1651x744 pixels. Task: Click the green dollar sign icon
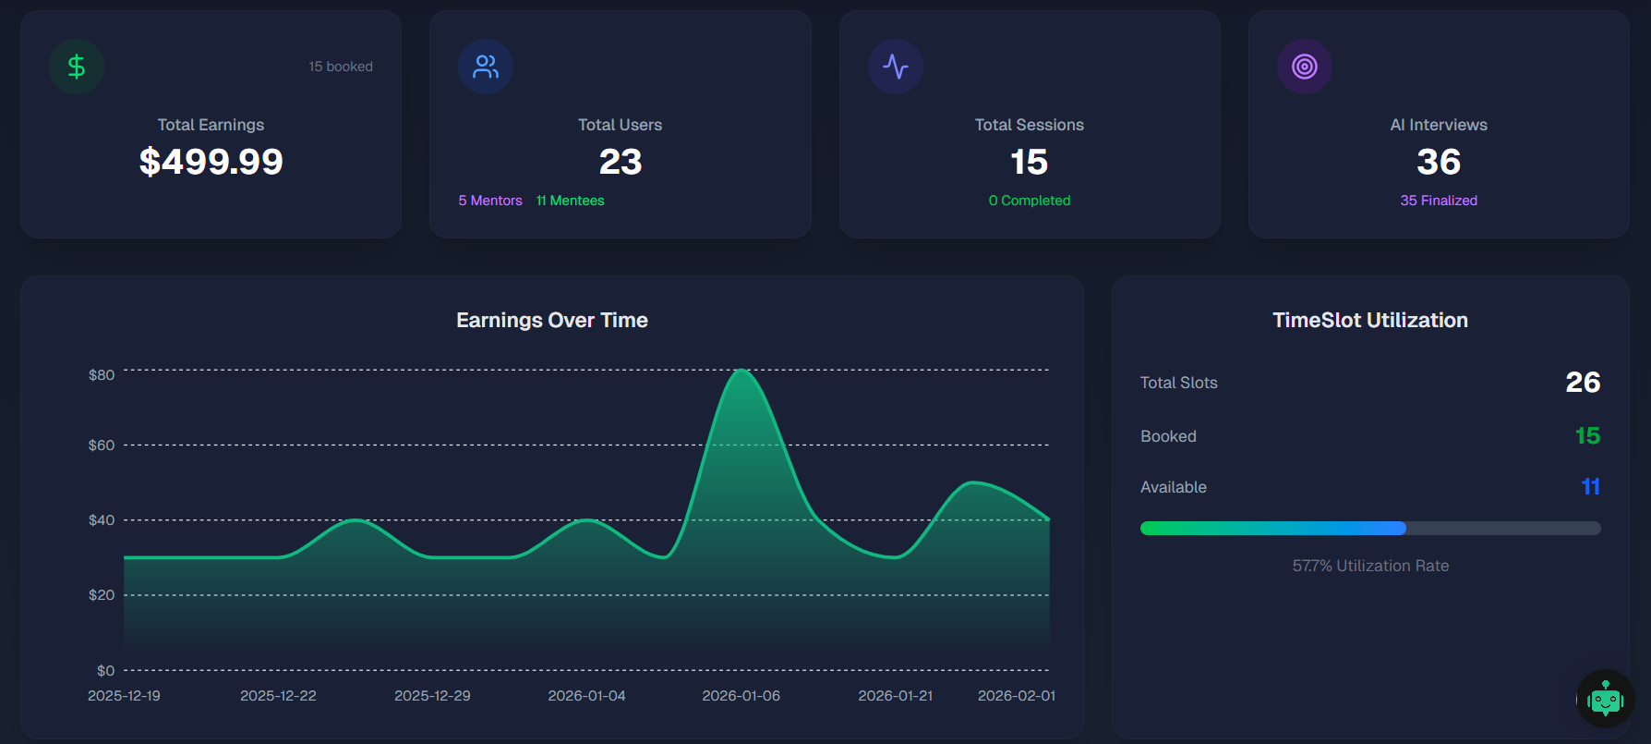(77, 67)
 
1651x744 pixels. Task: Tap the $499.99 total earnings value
(211, 162)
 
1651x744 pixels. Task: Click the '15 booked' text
(341, 67)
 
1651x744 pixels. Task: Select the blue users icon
(486, 67)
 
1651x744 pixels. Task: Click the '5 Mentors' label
(490, 201)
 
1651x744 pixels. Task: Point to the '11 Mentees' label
(570, 201)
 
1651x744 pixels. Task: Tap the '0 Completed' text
(1030, 201)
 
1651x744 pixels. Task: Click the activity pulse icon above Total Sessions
(896, 67)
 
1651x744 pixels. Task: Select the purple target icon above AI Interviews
(1305, 67)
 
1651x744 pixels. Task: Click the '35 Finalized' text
(1439, 201)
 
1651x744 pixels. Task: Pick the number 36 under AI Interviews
(1439, 163)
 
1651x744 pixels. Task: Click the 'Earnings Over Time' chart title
(552, 320)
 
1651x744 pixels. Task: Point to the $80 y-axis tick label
(102, 375)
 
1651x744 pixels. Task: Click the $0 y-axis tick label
(106, 671)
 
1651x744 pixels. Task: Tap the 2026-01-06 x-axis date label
(741, 696)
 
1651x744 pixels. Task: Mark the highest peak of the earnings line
(741, 370)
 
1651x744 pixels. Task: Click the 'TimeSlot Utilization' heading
(1370, 320)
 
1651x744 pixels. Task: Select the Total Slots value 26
(1583, 383)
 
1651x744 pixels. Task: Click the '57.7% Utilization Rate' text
(1370, 566)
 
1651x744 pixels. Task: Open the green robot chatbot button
(1606, 699)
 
